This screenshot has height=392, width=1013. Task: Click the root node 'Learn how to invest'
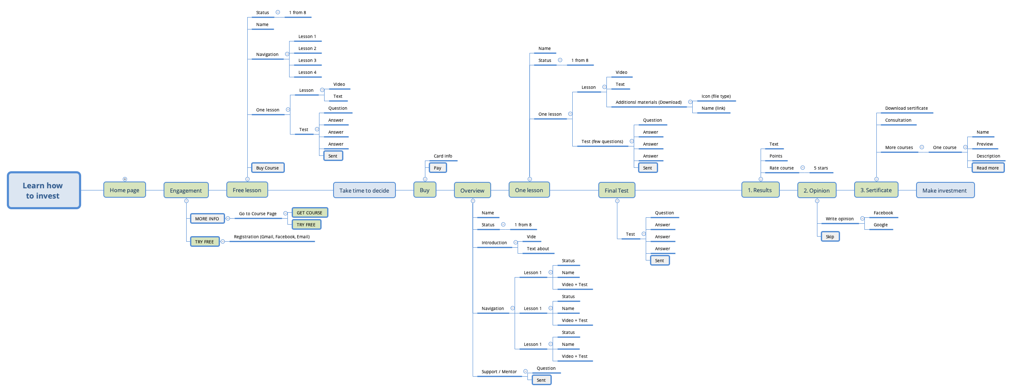(44, 190)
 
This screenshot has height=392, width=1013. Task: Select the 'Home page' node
(124, 190)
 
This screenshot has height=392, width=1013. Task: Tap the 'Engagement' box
(186, 190)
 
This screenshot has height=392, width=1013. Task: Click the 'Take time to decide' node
(364, 190)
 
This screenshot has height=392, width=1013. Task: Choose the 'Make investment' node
(945, 190)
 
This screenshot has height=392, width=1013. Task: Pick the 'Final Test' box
(616, 190)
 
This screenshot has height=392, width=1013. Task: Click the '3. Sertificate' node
(876, 190)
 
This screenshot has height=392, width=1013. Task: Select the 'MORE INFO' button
(207, 219)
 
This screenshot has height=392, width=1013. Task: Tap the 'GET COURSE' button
(310, 213)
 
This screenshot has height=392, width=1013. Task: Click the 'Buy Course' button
(267, 168)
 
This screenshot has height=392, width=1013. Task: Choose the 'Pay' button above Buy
(438, 168)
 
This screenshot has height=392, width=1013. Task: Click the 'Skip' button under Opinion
(830, 237)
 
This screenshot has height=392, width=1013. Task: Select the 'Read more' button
(987, 168)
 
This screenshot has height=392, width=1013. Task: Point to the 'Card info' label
(443, 156)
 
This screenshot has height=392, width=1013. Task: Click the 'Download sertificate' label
(906, 108)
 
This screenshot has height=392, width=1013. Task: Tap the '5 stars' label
(821, 168)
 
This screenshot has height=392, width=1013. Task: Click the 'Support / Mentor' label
(499, 372)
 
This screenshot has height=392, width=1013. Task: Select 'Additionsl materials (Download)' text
(648, 102)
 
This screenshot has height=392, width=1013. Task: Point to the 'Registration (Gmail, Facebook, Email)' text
(272, 237)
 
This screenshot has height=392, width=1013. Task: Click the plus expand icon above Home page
(125, 179)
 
